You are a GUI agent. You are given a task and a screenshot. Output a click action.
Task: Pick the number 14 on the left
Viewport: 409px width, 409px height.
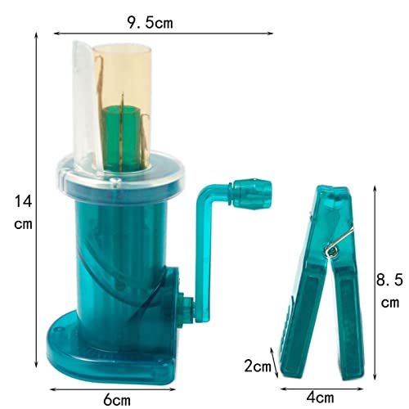[18, 199]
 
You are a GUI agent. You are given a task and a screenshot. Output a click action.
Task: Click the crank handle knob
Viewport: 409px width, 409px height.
[249, 193]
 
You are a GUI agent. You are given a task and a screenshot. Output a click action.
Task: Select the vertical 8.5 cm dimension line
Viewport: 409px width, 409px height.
[375, 278]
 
